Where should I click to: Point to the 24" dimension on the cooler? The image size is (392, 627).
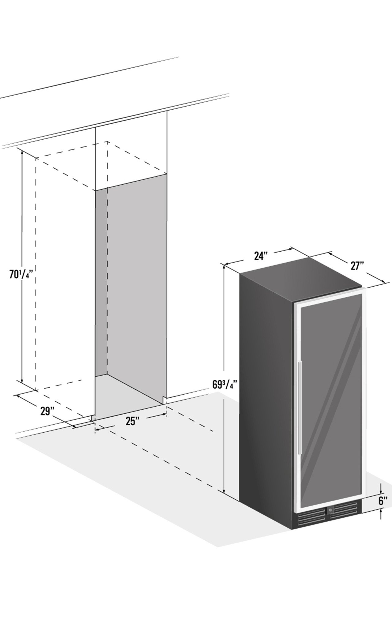(x=261, y=256)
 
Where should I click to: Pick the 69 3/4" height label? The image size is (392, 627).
(x=225, y=384)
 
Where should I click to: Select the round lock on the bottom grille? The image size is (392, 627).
(x=330, y=510)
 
